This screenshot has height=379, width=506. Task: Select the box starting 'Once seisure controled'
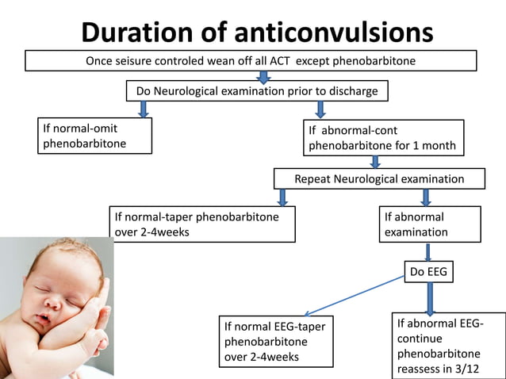click(x=251, y=61)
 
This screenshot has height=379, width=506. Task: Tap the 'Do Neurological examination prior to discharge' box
click(x=257, y=91)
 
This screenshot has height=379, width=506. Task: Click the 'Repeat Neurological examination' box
click(x=379, y=178)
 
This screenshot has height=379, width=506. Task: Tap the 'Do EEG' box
click(x=429, y=272)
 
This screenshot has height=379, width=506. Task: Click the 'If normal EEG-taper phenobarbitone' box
click(x=274, y=342)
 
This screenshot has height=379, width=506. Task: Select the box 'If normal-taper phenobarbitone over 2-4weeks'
click(x=203, y=224)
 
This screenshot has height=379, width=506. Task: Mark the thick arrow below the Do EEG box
click(x=430, y=299)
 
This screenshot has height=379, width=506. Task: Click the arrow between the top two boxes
click(x=264, y=76)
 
